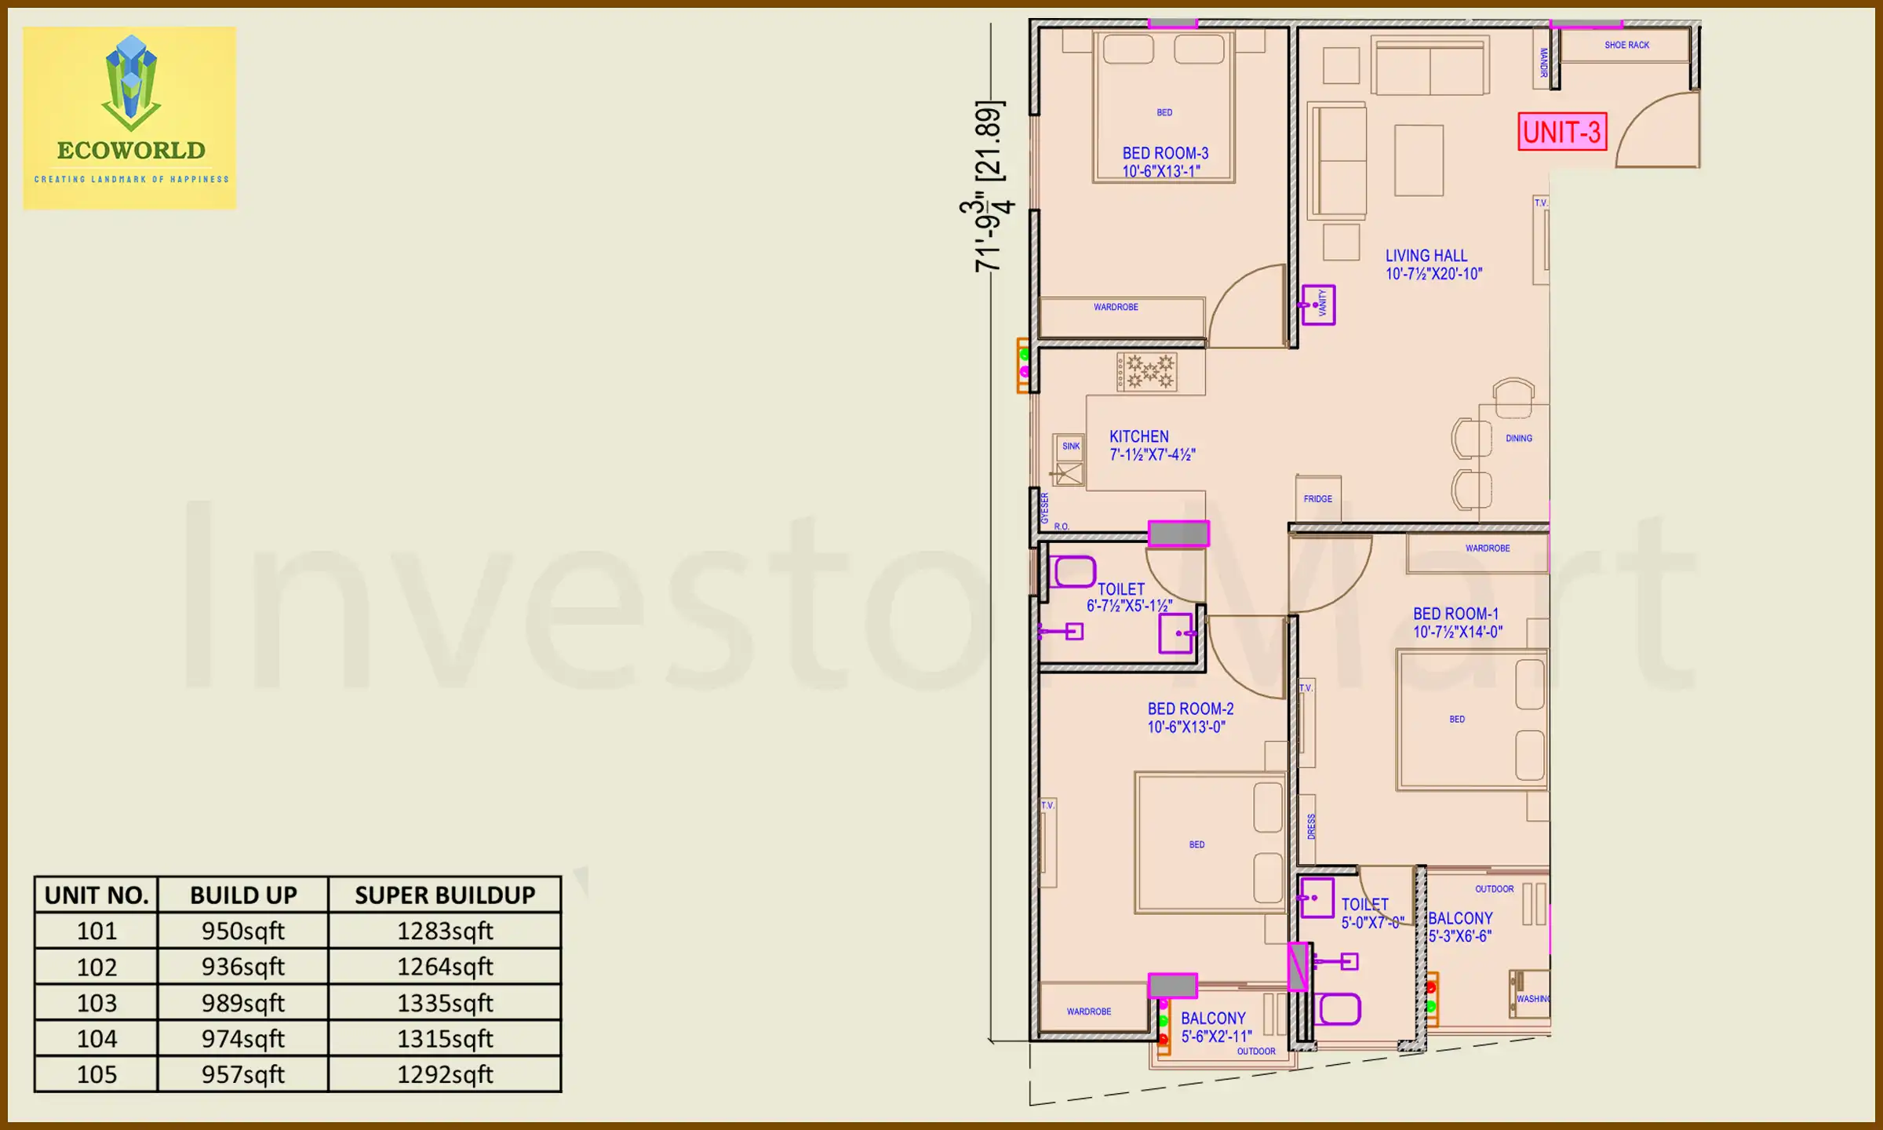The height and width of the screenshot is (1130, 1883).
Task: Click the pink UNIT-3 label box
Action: (1561, 132)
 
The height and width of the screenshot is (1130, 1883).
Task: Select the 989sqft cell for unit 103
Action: (242, 1003)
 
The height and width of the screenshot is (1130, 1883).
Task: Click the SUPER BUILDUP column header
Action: (444, 895)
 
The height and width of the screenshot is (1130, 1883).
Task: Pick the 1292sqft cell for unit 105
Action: (444, 1074)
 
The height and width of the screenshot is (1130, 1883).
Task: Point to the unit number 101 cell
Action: (97, 931)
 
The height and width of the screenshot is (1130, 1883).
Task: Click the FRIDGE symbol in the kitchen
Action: (1318, 498)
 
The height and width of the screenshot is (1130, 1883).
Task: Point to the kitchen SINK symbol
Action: (1070, 447)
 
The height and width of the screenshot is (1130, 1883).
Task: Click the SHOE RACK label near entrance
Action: (1626, 46)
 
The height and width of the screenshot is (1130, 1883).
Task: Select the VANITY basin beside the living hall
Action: (1318, 304)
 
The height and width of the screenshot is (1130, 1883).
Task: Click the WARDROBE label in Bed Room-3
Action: (1116, 308)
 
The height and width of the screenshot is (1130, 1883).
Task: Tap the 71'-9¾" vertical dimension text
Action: (987, 188)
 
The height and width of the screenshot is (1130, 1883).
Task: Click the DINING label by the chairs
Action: (1518, 439)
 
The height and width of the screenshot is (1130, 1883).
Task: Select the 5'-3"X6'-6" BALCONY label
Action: (1459, 927)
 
